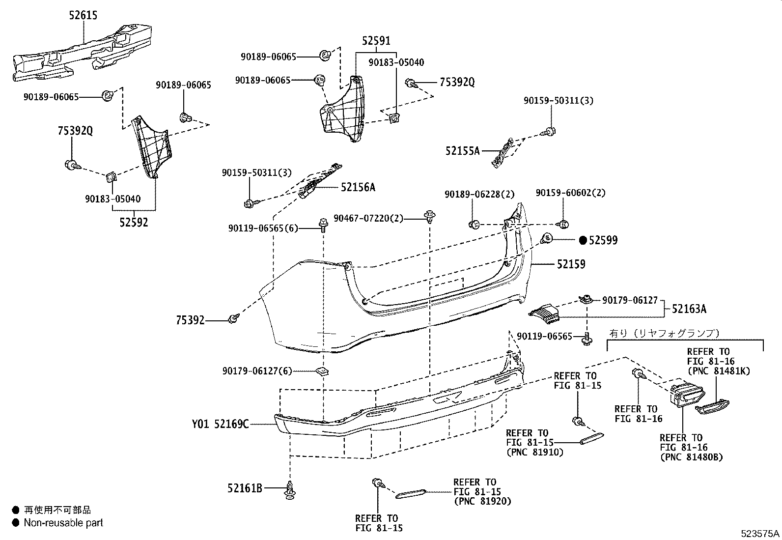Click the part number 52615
point(83,15)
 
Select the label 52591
point(376,41)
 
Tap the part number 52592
point(133,222)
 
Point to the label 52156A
point(358,187)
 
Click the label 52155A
point(462,151)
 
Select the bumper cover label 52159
point(571,264)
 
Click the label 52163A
point(689,309)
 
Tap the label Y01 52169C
point(220,424)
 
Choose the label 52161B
point(245,488)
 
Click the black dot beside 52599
point(583,240)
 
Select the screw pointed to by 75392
point(233,319)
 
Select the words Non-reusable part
point(63,523)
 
